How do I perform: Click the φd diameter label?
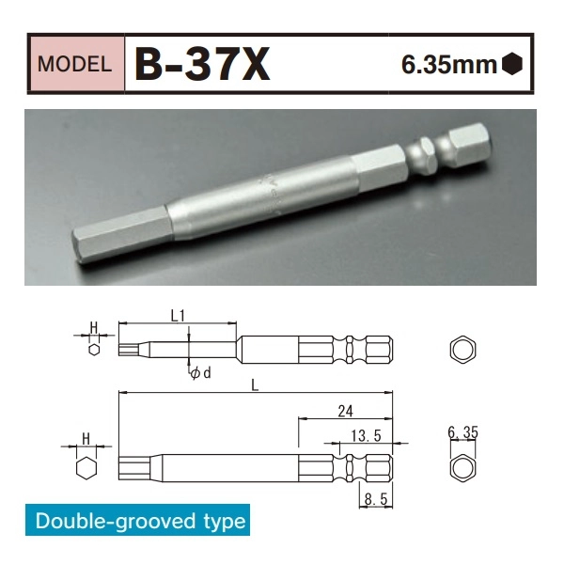click(x=200, y=373)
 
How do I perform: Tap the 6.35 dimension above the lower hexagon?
click(x=463, y=433)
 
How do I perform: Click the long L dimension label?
click(x=255, y=384)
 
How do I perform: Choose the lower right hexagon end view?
click(x=463, y=467)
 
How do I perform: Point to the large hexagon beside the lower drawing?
click(x=86, y=467)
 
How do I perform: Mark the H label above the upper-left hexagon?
click(x=94, y=327)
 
